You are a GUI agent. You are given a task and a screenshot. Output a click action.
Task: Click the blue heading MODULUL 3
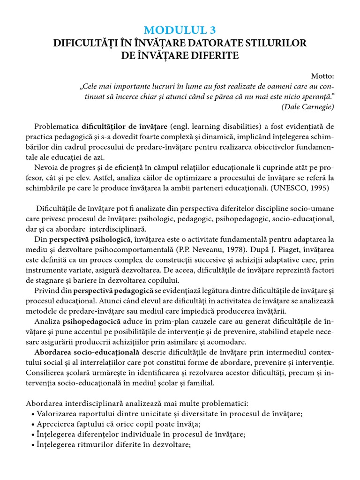coord(180,30)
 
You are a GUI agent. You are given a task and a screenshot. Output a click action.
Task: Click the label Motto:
coord(323,76)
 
